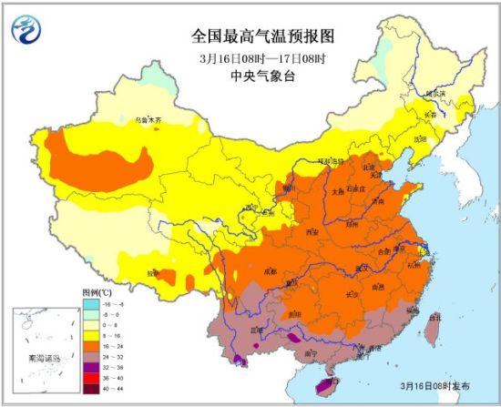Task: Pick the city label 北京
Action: click(368, 168)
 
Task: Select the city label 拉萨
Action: click(154, 271)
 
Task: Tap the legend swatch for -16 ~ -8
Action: click(91, 303)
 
